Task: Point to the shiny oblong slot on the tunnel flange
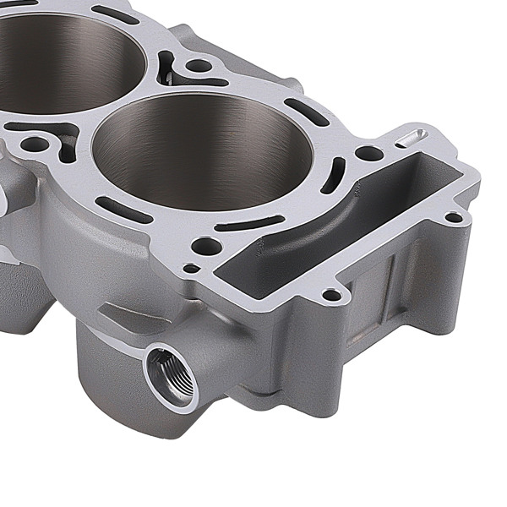[412, 137]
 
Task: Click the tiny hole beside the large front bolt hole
[192, 269]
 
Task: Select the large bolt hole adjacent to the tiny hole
[205, 247]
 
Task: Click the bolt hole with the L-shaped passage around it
[34, 144]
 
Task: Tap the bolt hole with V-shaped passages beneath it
[198, 65]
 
